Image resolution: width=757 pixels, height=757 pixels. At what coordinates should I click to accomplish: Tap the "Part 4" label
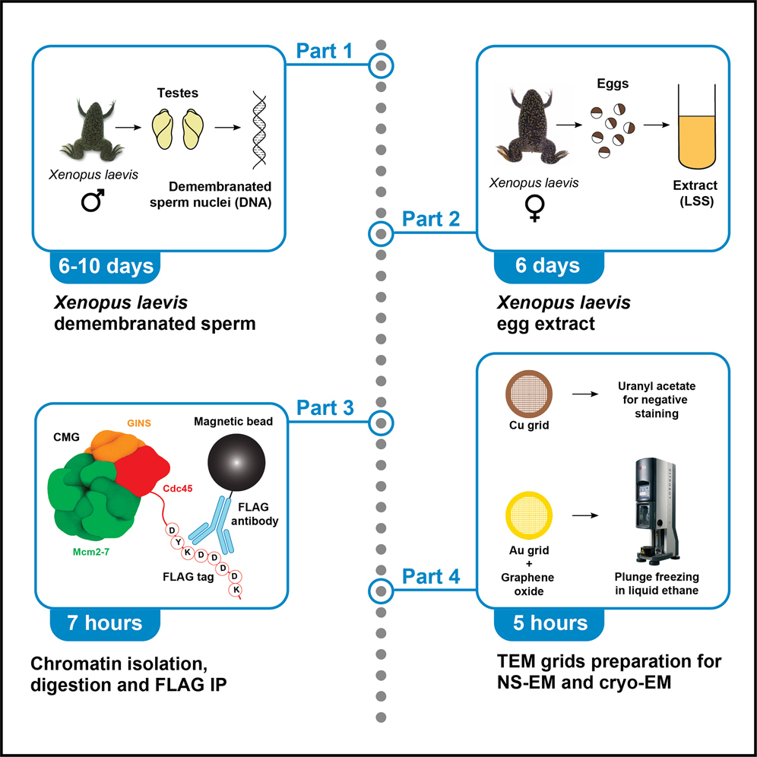(430, 577)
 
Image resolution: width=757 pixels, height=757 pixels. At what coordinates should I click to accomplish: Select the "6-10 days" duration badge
(106, 267)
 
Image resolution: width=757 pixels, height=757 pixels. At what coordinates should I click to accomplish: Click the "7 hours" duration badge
(106, 623)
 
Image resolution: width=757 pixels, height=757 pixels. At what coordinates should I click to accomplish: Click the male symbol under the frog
(92, 202)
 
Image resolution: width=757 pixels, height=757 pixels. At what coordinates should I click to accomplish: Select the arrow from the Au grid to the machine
(584, 515)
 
